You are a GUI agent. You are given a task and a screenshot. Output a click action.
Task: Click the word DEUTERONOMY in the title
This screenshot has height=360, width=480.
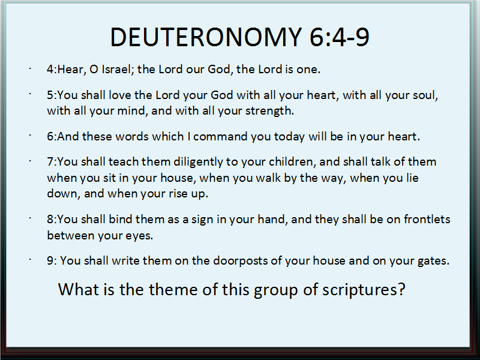tap(206, 37)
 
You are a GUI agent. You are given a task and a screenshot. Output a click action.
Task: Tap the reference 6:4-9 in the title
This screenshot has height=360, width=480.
tap(340, 37)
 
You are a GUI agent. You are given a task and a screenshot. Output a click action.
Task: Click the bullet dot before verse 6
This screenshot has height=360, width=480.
tap(31, 135)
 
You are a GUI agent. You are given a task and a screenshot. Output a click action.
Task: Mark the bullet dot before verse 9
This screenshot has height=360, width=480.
tap(31, 259)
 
